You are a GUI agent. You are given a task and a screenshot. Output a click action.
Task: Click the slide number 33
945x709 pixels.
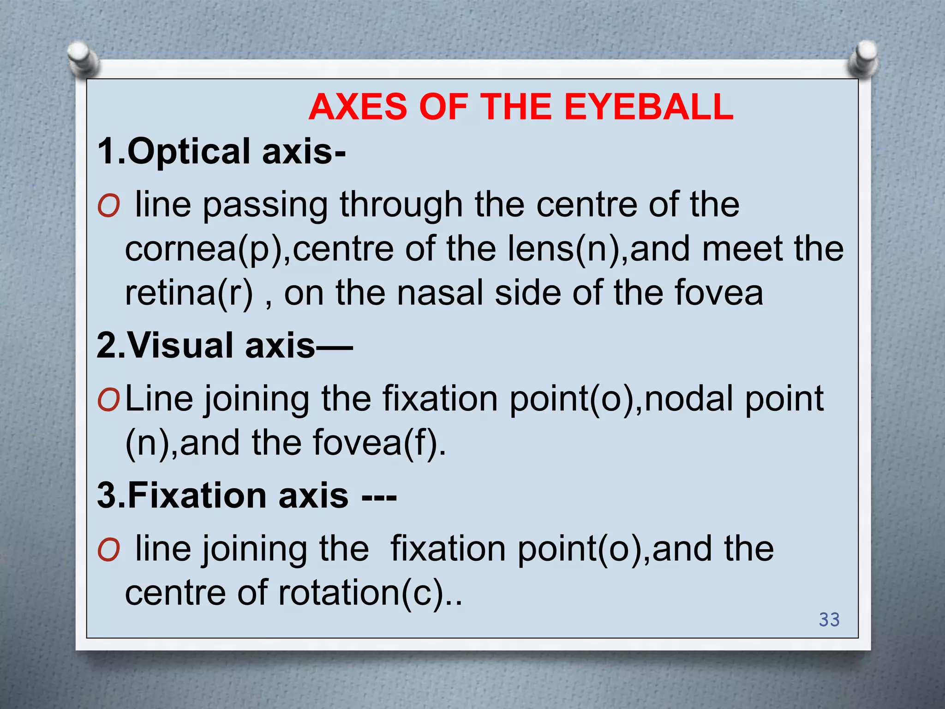click(829, 619)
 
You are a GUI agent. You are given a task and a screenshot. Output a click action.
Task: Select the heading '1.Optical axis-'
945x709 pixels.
click(221, 151)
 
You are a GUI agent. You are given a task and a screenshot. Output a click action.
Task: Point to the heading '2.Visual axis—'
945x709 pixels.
click(225, 345)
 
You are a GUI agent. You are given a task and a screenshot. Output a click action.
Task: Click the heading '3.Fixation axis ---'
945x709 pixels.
click(247, 495)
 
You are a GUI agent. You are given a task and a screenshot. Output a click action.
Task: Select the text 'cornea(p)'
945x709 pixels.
click(203, 249)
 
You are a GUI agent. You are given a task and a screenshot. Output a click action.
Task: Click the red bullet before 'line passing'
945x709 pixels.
click(108, 206)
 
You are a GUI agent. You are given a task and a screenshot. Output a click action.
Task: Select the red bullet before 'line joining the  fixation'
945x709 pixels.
click(108, 550)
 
